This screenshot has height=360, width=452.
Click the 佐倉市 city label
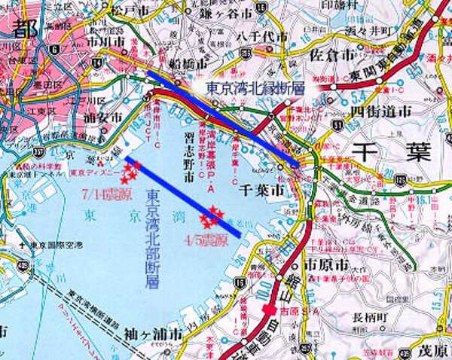[x=333, y=55]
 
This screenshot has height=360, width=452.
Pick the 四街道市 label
[x=380, y=111]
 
